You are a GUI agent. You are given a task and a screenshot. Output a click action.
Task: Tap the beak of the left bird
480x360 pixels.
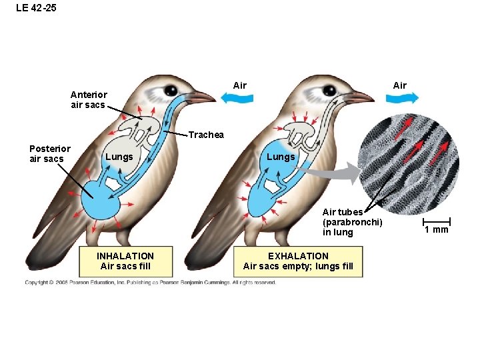(x=202, y=97)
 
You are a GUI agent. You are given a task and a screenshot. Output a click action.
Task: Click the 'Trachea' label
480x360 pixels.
(x=206, y=135)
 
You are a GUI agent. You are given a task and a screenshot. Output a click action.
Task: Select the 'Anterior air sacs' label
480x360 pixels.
(x=89, y=100)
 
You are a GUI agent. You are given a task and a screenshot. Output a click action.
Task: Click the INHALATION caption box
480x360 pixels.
(x=125, y=261)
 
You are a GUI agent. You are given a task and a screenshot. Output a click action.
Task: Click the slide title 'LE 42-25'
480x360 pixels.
(x=32, y=9)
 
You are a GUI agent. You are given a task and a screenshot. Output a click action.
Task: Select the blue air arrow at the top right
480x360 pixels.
(x=403, y=98)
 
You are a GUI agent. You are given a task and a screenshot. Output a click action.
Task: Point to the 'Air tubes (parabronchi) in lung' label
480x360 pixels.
(x=351, y=222)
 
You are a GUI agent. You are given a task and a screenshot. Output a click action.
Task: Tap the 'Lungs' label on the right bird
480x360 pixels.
(x=280, y=157)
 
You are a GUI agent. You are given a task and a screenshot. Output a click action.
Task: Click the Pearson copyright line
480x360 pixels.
(x=150, y=283)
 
